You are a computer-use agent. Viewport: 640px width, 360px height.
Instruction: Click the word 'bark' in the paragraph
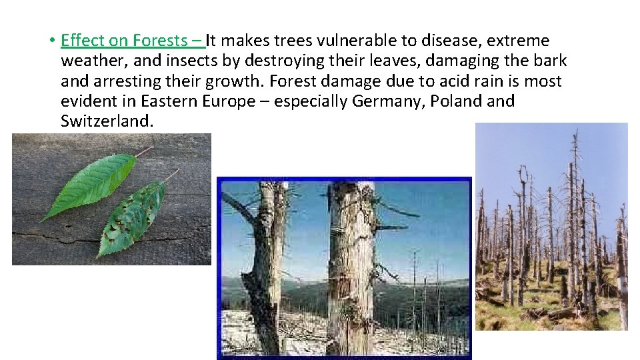point(551,61)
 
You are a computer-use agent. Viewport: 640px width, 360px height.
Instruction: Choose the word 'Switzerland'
point(105,122)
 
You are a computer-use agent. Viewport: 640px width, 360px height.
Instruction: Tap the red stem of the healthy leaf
point(143,151)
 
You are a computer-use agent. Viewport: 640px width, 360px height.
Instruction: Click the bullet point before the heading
point(51,41)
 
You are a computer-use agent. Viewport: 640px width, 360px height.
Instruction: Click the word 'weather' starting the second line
point(88,61)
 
